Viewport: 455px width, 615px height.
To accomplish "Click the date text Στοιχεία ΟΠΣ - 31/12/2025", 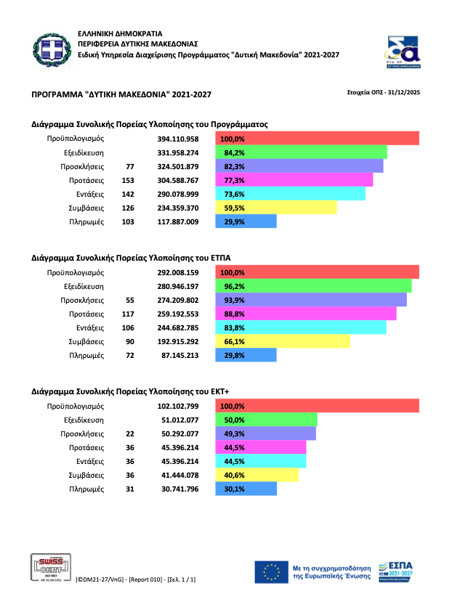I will tap(385, 92).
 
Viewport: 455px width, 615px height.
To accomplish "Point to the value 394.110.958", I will tap(178, 138).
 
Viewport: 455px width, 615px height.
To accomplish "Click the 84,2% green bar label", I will tap(233, 152).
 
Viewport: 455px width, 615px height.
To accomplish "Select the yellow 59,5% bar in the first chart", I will tap(276, 208).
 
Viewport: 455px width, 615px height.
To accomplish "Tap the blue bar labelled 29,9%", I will tap(246, 221).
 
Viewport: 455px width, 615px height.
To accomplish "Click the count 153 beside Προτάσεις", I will tap(129, 180).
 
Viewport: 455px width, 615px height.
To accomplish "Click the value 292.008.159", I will tap(178, 272).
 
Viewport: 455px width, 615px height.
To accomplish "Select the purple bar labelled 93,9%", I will tap(311, 300).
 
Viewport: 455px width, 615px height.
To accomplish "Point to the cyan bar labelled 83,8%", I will tap(301, 327).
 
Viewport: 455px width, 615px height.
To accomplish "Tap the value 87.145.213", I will tap(178, 356).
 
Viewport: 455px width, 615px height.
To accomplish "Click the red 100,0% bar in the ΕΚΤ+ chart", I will tap(318, 406).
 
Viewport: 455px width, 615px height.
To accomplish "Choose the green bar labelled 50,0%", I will tap(267, 420).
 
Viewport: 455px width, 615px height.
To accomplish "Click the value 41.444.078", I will tap(178, 475).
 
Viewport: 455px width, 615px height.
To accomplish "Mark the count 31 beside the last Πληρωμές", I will tap(129, 489).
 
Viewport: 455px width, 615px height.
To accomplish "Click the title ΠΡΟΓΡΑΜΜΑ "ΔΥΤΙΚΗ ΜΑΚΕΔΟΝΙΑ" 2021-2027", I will tap(121, 95).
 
